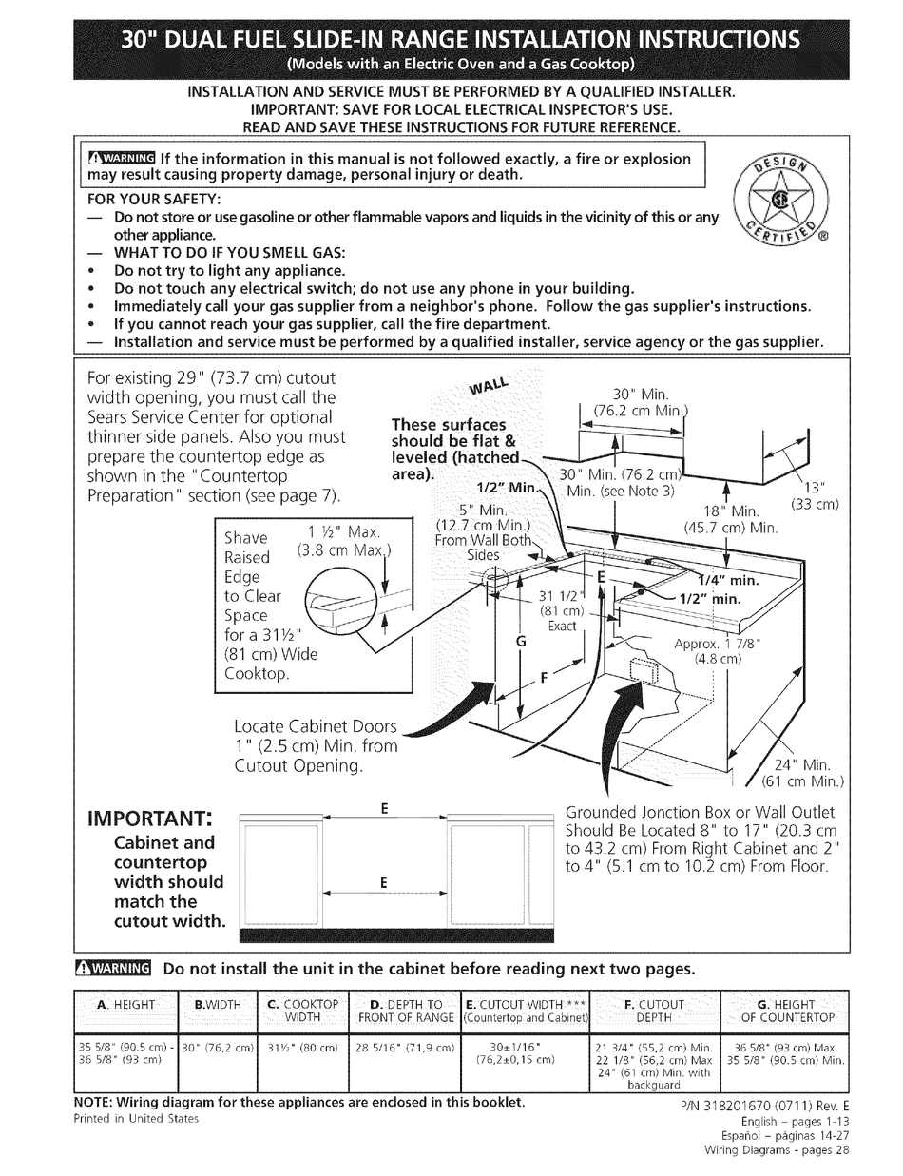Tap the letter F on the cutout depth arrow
point(546,678)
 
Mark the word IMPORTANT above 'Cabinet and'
point(150,819)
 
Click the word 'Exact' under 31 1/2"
point(563,626)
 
